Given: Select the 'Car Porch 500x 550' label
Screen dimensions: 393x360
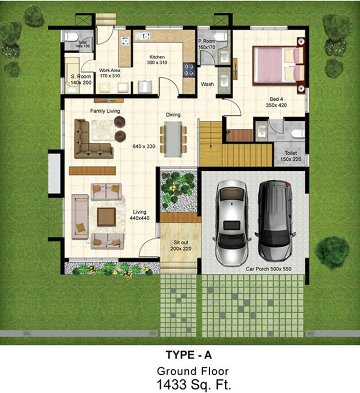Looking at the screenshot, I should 268,268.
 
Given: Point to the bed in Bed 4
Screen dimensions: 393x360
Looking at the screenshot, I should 279,64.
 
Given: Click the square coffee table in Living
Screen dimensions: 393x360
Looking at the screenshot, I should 106,216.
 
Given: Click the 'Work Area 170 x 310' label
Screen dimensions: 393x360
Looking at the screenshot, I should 109,73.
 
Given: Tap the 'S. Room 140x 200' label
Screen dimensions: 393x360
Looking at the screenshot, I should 80,79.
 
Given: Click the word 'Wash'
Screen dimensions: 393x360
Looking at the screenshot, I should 207,84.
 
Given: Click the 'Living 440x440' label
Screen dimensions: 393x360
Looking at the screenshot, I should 140,214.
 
